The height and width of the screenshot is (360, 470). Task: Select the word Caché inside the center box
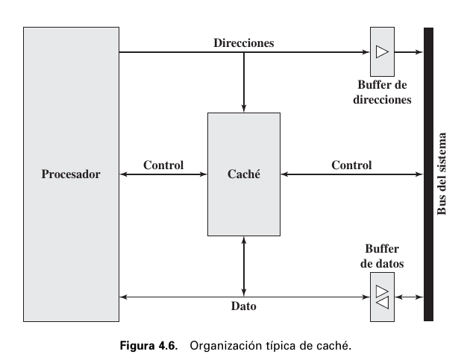243,174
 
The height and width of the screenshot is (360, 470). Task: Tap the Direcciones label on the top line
244,43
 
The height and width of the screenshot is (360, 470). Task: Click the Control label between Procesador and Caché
163,165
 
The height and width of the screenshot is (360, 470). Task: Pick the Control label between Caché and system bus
351,165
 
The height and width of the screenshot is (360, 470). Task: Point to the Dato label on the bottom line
244,306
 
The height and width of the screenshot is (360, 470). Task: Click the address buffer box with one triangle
382,52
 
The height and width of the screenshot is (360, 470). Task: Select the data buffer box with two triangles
382,297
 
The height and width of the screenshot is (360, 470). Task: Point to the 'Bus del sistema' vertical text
442,174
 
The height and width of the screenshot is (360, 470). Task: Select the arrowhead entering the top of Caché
244,108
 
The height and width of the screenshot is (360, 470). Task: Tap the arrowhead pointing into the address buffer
366,52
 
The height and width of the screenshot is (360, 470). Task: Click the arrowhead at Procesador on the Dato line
124,297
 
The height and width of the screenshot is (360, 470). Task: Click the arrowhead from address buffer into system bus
419,52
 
